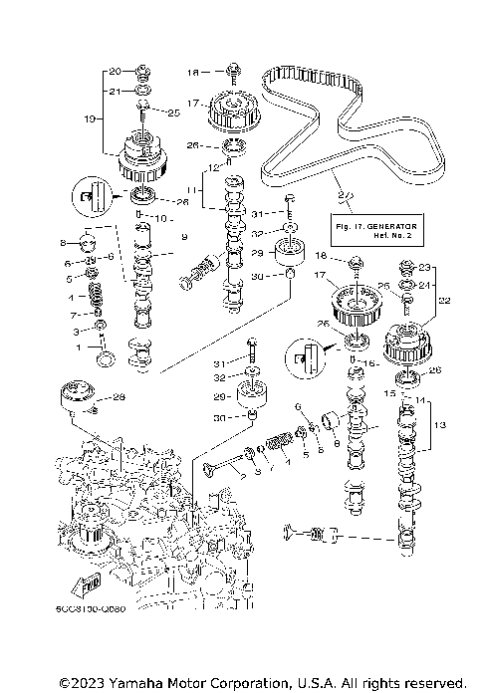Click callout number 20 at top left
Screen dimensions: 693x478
pyautogui.click(x=115, y=71)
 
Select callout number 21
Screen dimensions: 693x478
pyautogui.click(x=115, y=91)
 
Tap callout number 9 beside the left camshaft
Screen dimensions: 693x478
pyautogui.click(x=184, y=237)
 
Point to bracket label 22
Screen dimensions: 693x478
pyautogui.click(x=445, y=300)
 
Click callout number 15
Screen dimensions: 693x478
pyautogui.click(x=403, y=392)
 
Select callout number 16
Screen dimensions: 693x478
pyautogui.click(x=373, y=365)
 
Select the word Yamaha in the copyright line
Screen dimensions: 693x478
pyautogui.click(x=138, y=683)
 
